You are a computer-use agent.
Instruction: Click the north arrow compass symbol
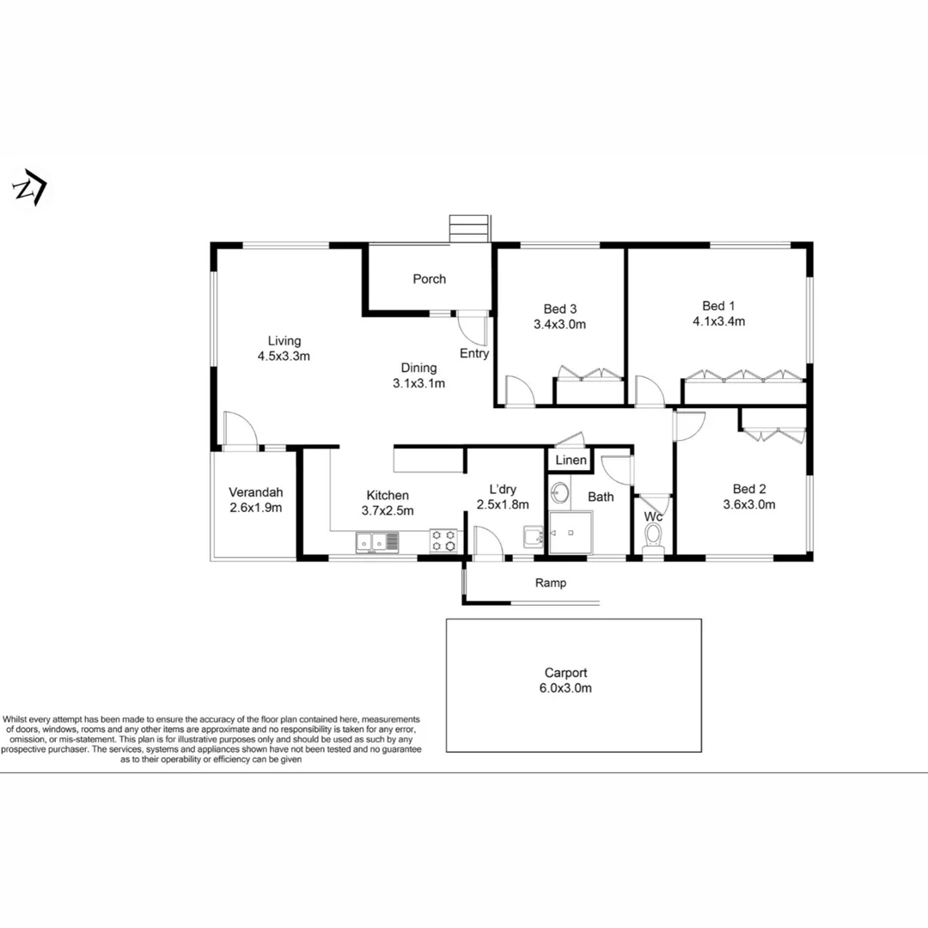30,188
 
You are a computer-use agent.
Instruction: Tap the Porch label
429,278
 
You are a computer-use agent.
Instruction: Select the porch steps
469,229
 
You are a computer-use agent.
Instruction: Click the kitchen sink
378,541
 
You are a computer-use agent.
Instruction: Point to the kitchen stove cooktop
443,540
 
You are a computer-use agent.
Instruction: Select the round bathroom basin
560,493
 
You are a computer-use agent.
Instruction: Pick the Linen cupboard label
571,461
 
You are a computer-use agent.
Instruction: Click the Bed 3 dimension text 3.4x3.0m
559,325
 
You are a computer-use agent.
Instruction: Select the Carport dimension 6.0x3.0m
565,687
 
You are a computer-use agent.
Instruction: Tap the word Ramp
551,583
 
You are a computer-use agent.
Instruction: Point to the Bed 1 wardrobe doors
744,376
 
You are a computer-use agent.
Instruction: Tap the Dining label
418,368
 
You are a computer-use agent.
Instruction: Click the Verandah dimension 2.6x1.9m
255,507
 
